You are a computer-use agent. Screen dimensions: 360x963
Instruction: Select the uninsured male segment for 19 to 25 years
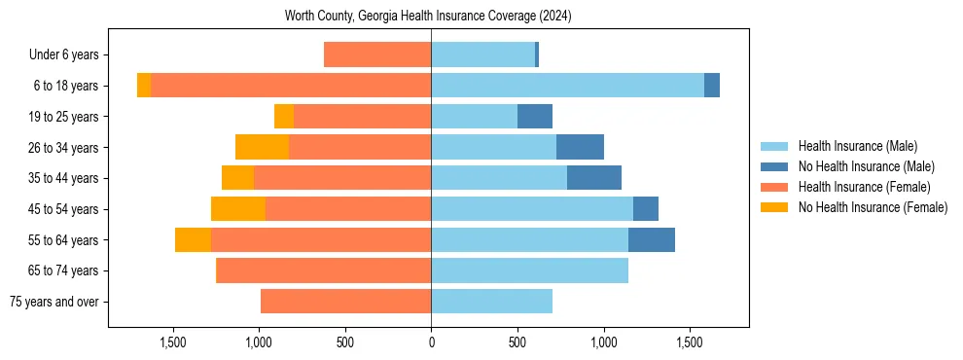pyautogui.click(x=535, y=117)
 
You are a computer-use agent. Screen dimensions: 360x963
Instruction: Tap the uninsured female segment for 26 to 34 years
pyautogui.click(x=262, y=147)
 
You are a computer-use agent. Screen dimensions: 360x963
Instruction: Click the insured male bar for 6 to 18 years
pyautogui.click(x=567, y=86)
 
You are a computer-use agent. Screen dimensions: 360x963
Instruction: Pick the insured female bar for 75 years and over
pyautogui.click(x=345, y=302)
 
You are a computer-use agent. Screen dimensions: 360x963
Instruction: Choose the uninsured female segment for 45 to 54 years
pyautogui.click(x=238, y=209)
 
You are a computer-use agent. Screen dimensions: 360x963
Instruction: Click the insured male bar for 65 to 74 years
pyautogui.click(x=529, y=270)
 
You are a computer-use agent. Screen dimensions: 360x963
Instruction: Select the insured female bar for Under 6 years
pyautogui.click(x=377, y=54)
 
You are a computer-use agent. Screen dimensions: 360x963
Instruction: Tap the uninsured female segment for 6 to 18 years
pyautogui.click(x=144, y=86)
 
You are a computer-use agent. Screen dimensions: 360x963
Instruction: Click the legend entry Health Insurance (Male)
pyautogui.click(x=857, y=146)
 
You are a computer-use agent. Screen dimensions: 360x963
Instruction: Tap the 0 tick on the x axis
pyautogui.click(x=431, y=342)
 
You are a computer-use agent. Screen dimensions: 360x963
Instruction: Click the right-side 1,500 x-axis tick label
pyautogui.click(x=690, y=342)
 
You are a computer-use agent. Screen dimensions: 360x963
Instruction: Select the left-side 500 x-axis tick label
pyautogui.click(x=345, y=342)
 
